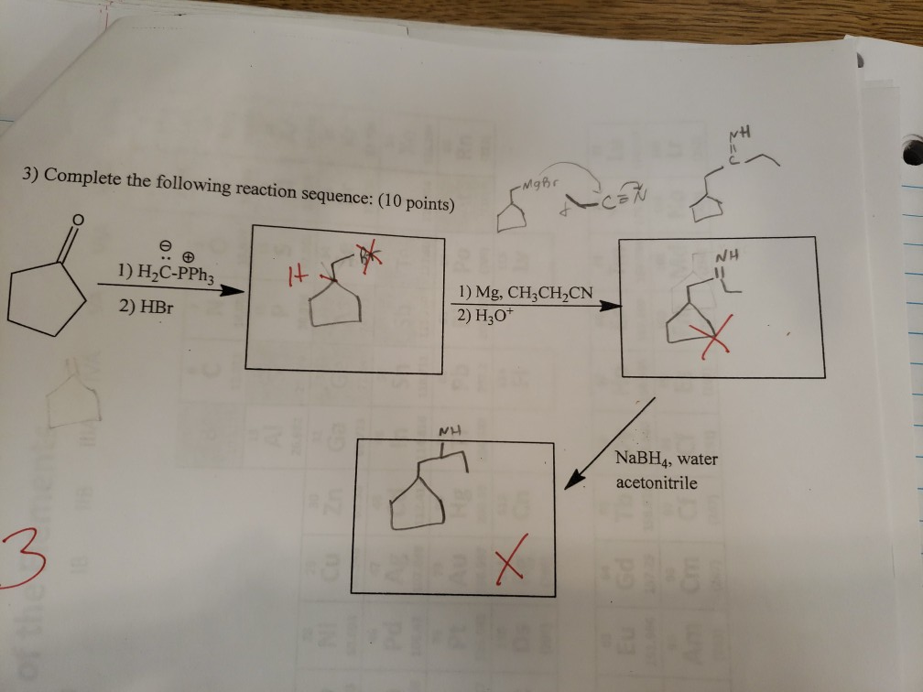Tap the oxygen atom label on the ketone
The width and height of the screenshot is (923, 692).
tap(80, 219)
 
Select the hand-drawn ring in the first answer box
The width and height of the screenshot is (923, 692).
tap(334, 308)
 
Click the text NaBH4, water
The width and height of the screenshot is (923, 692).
tap(667, 460)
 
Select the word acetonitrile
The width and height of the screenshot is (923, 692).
tap(657, 481)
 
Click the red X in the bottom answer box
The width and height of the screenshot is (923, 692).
tap(511, 560)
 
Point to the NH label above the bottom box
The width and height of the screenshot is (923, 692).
tap(449, 430)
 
